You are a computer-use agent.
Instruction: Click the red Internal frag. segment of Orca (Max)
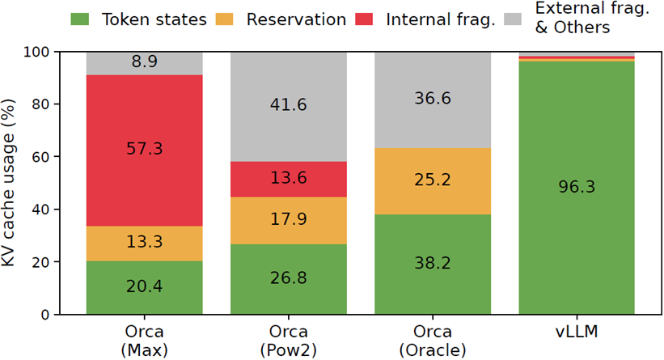tap(145, 150)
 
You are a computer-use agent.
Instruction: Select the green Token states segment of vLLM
tap(577, 188)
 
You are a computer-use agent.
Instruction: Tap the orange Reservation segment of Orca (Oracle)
tap(433, 181)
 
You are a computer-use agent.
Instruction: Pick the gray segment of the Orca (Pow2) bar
tap(289, 107)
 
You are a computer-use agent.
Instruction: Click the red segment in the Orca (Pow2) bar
tap(289, 179)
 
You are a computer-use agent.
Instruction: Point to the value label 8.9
tap(145, 61)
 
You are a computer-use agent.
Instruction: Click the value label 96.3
tap(577, 187)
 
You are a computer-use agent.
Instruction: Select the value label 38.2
tap(433, 263)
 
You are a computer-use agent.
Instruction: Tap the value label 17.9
tap(289, 219)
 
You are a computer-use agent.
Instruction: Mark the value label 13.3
tap(145, 242)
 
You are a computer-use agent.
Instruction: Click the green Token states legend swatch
tap(79, 19)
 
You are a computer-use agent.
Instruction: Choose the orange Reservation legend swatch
tap(225, 19)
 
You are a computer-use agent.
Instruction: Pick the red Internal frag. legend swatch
tap(364, 19)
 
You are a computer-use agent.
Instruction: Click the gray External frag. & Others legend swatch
tap(513, 19)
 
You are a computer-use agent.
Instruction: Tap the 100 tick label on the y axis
tap(37, 52)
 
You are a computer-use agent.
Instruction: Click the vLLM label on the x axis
tap(577, 332)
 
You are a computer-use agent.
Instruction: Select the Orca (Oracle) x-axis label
tap(433, 341)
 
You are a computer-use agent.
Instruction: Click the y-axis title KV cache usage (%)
tap(8, 183)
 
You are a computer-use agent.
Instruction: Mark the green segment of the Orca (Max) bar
tap(145, 287)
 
